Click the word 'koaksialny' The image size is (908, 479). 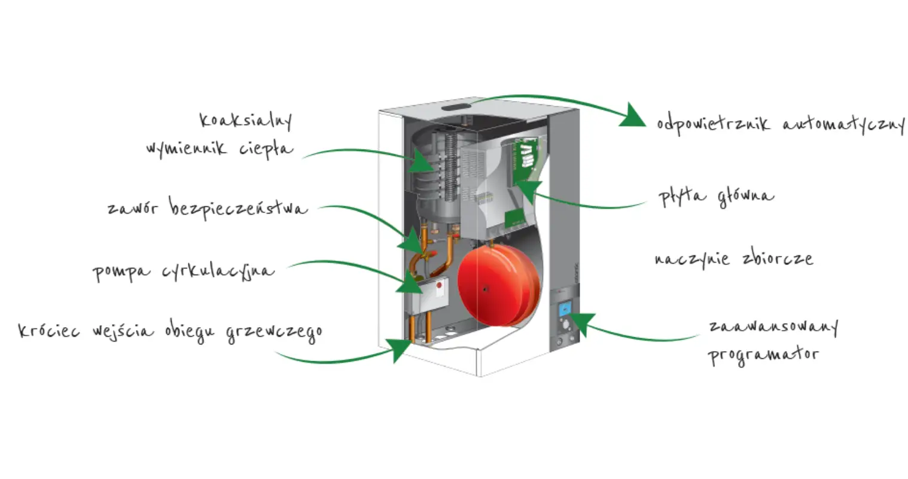tap(246, 120)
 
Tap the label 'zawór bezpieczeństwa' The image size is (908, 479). tap(207, 208)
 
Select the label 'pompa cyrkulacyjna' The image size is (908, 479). tap(183, 271)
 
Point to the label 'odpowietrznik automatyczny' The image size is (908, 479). tap(780, 124)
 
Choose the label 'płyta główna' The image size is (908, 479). tap(715, 196)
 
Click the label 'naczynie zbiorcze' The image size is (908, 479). tap(733, 259)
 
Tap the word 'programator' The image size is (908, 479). tap(763, 354)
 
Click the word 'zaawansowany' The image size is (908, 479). tap(773, 327)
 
